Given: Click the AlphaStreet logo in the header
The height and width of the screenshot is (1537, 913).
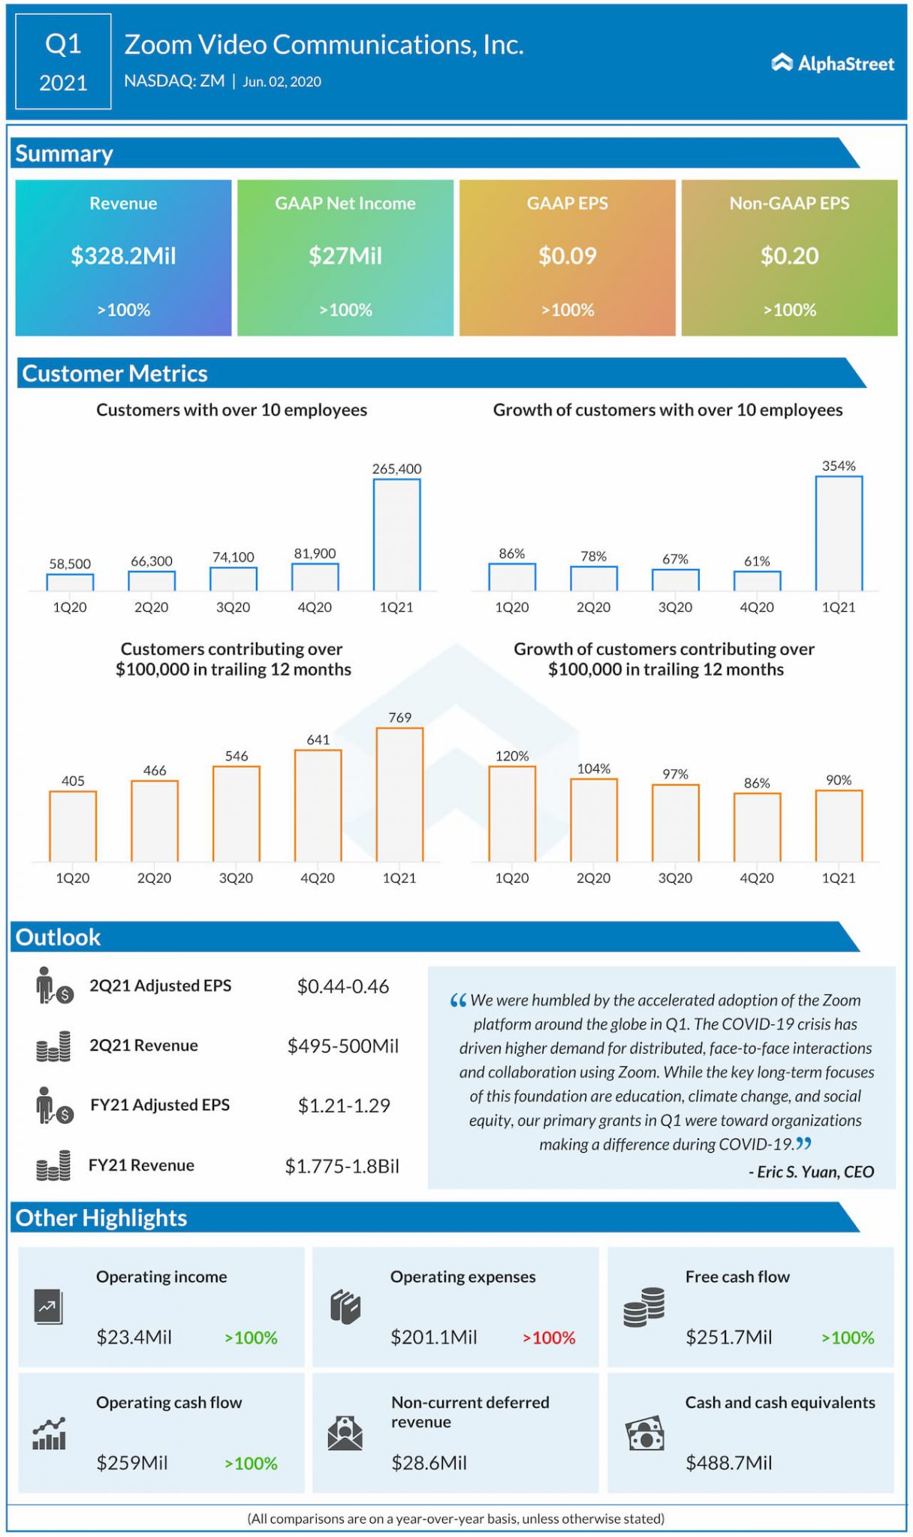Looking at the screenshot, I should (x=833, y=64).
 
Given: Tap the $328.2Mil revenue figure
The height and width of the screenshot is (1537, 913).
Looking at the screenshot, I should (x=123, y=256).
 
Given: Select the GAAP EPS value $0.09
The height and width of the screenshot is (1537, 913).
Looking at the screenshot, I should (x=567, y=256).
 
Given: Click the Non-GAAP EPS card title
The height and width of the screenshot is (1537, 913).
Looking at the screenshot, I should (x=789, y=203).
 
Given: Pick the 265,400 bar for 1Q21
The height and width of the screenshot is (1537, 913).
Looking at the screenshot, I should (x=396, y=534).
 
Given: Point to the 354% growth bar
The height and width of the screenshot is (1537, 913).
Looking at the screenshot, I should (x=839, y=533).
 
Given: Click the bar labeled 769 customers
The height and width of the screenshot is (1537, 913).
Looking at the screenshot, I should (x=399, y=794).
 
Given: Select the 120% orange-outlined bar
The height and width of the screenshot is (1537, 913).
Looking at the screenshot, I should (x=512, y=814).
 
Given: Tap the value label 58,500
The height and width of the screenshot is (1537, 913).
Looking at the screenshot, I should (x=70, y=564).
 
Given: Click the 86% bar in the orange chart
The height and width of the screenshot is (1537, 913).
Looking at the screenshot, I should (x=757, y=827).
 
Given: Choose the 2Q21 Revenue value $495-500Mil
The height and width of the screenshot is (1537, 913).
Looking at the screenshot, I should (x=342, y=1045).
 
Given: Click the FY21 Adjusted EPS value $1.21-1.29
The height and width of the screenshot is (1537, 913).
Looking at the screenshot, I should (x=344, y=1105).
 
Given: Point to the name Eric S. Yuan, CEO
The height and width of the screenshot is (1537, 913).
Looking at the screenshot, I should (x=812, y=1172).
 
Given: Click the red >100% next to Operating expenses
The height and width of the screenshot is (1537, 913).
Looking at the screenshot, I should (x=549, y=1337).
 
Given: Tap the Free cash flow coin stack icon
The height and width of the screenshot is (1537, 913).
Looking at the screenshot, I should (x=644, y=1307).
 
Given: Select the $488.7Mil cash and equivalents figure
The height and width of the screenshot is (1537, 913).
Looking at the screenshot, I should (x=728, y=1462).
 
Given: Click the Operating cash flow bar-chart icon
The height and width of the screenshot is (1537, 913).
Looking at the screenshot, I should (x=50, y=1433).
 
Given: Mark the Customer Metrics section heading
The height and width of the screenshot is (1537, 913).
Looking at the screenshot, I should (x=115, y=373).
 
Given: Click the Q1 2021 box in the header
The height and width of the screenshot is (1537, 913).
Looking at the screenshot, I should (x=63, y=62).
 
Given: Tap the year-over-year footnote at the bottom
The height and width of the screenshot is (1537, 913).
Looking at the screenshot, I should (x=456, y=1518).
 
